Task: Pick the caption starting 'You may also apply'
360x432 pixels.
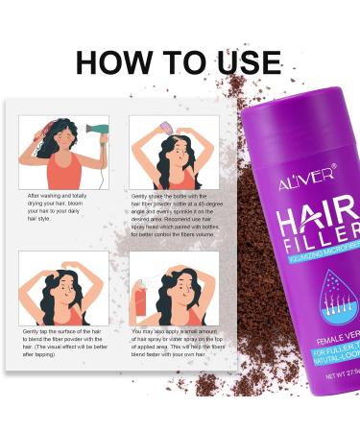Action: [x=177, y=344]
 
